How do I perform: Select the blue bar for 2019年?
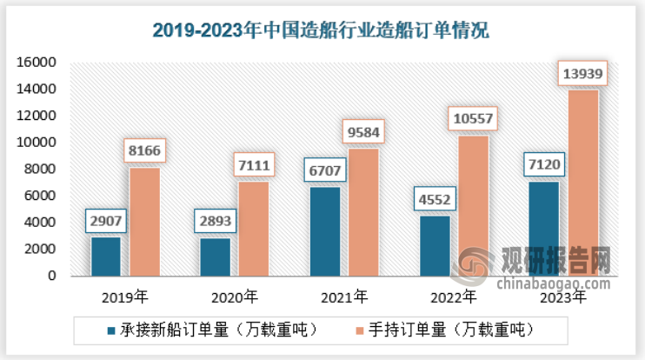point(106,256)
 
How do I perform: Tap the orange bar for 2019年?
point(143,222)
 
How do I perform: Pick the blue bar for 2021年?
point(325,231)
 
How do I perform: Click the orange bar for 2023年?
point(582,183)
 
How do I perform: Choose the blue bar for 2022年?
point(435,245)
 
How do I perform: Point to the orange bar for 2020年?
point(253,229)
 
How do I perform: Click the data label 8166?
point(143,150)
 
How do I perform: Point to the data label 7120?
point(544,164)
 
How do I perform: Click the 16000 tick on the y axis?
point(37,63)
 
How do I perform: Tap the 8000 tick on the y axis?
point(41,170)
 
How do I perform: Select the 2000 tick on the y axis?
point(41,250)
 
